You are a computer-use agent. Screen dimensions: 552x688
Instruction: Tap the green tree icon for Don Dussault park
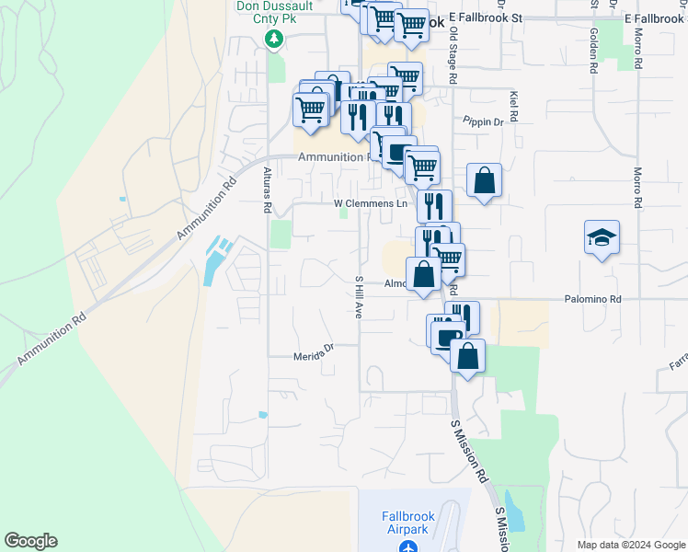(273, 39)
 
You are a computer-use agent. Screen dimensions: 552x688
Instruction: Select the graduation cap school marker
(602, 238)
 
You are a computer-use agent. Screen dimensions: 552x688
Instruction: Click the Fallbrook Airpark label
(407, 523)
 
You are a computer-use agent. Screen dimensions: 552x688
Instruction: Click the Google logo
(30, 541)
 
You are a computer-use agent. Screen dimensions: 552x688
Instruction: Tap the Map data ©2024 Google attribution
(630, 545)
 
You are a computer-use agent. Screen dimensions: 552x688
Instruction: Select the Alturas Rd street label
(267, 191)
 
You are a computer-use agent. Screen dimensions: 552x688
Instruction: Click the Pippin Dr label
(484, 121)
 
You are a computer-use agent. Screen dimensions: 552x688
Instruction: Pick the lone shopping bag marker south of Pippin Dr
(484, 180)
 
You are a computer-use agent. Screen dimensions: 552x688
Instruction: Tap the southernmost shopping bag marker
(467, 356)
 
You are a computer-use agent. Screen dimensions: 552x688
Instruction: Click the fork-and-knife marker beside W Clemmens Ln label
(434, 205)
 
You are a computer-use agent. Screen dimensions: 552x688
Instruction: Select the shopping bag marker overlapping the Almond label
(423, 275)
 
